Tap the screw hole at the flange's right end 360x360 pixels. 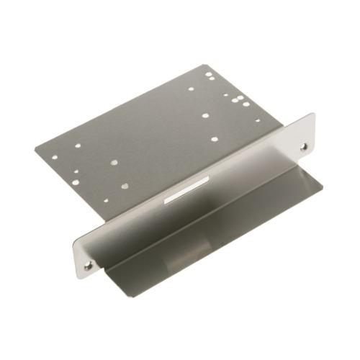click(x=302, y=146)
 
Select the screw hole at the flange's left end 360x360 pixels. click(x=88, y=265)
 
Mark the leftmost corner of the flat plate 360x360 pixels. click(x=35, y=150)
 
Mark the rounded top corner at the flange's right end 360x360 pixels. click(x=311, y=115)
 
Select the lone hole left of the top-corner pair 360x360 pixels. click(x=191, y=89)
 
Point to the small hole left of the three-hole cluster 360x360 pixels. click(x=225, y=95)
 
